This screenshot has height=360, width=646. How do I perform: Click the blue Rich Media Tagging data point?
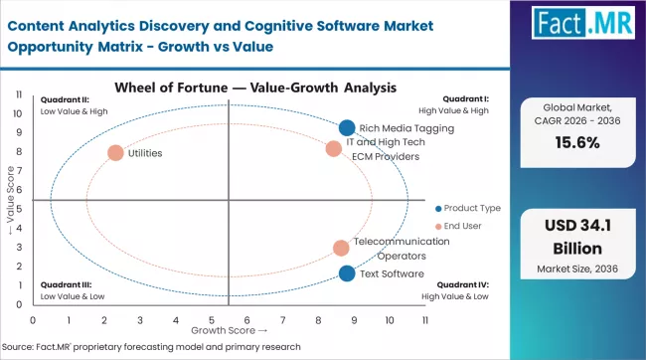(x=346, y=127)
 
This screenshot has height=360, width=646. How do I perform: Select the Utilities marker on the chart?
(x=115, y=153)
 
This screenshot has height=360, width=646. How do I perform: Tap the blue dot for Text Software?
(x=346, y=273)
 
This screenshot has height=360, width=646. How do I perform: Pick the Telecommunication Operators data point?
(x=341, y=248)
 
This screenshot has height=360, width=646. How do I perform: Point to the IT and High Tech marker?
(x=334, y=149)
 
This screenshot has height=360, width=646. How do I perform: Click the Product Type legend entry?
(x=467, y=208)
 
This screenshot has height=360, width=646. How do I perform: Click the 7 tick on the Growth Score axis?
(x=282, y=320)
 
